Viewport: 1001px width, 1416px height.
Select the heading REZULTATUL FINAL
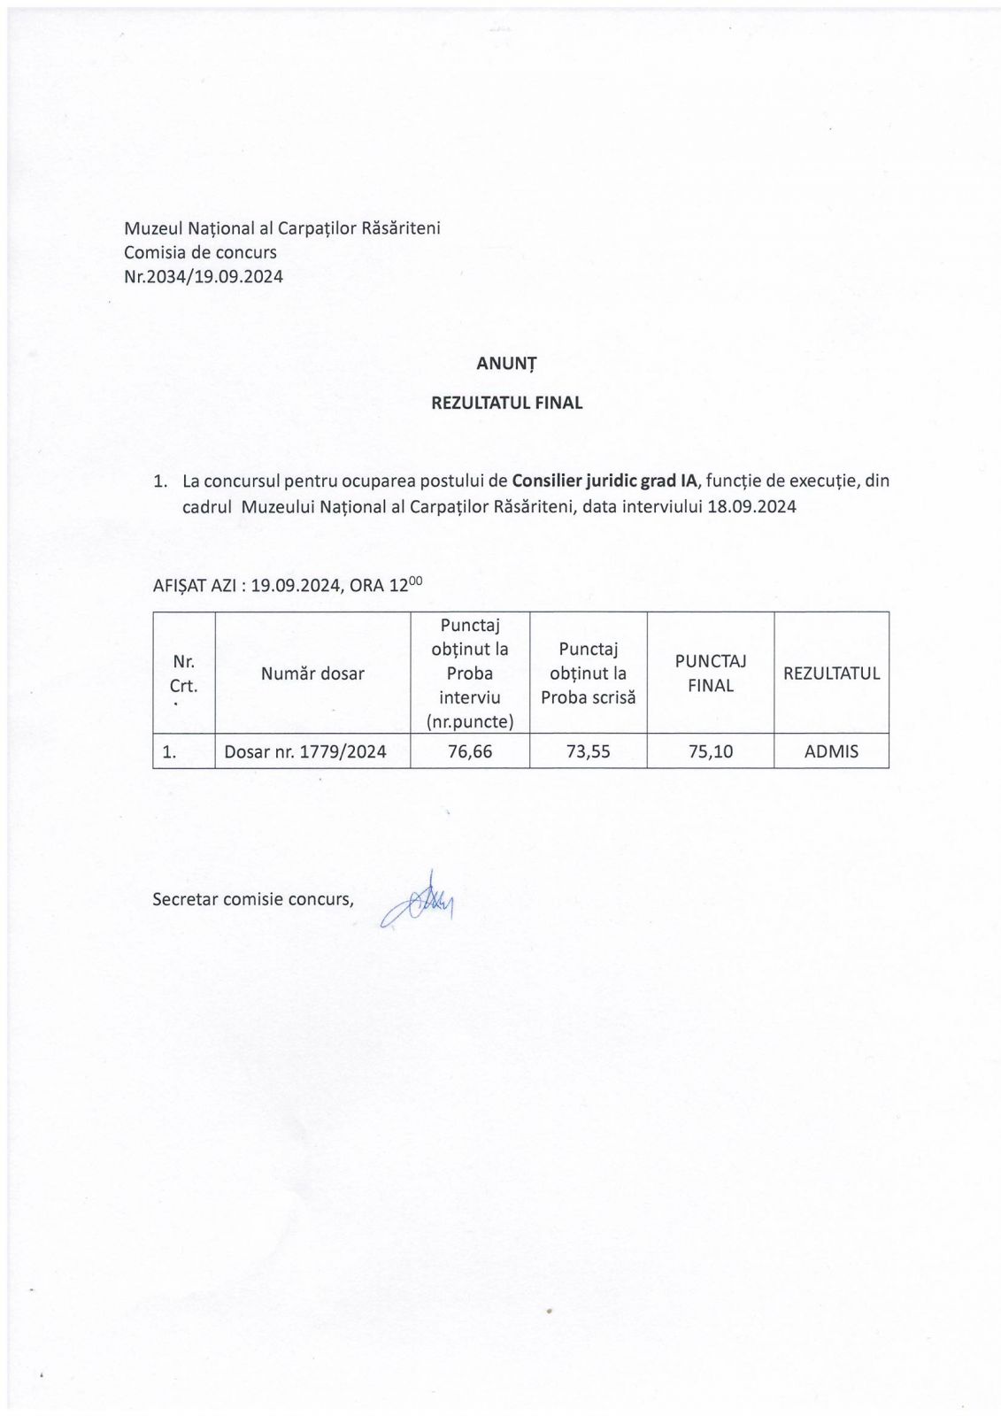[x=506, y=403]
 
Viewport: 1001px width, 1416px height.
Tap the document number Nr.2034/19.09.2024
[x=204, y=276]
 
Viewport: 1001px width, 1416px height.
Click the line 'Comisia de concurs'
[x=200, y=252]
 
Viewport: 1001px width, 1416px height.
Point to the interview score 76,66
[x=470, y=751]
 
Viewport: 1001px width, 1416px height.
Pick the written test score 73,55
[x=588, y=751]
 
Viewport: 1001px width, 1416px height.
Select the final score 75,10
[x=711, y=751]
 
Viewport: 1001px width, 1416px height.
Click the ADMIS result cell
[x=831, y=751]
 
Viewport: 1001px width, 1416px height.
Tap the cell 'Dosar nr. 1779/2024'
[x=305, y=751]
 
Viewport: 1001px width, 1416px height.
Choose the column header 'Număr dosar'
[x=312, y=673]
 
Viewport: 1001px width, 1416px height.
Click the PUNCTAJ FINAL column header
[x=711, y=673]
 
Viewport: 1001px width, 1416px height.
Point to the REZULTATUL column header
[x=831, y=673]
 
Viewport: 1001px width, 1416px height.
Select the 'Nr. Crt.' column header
[x=184, y=673]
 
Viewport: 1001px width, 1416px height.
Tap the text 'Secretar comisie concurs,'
[x=253, y=899]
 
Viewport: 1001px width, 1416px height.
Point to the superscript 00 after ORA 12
[x=415, y=580]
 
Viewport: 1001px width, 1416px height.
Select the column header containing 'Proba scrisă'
[x=588, y=673]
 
